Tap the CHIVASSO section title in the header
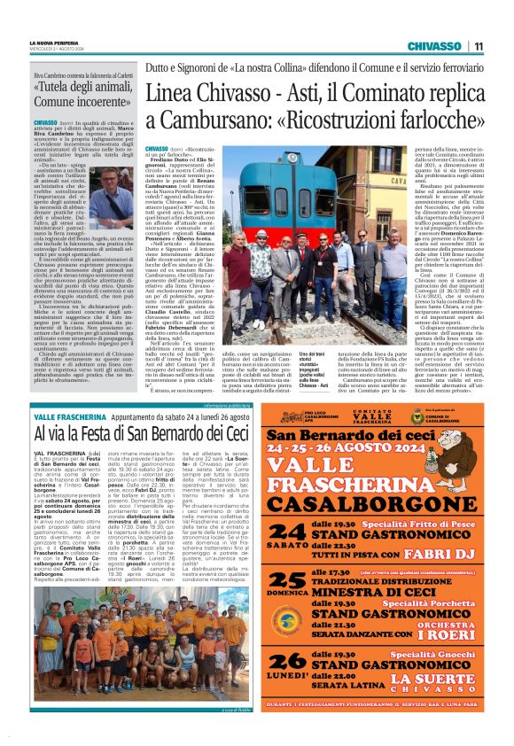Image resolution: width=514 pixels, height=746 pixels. (433, 46)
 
